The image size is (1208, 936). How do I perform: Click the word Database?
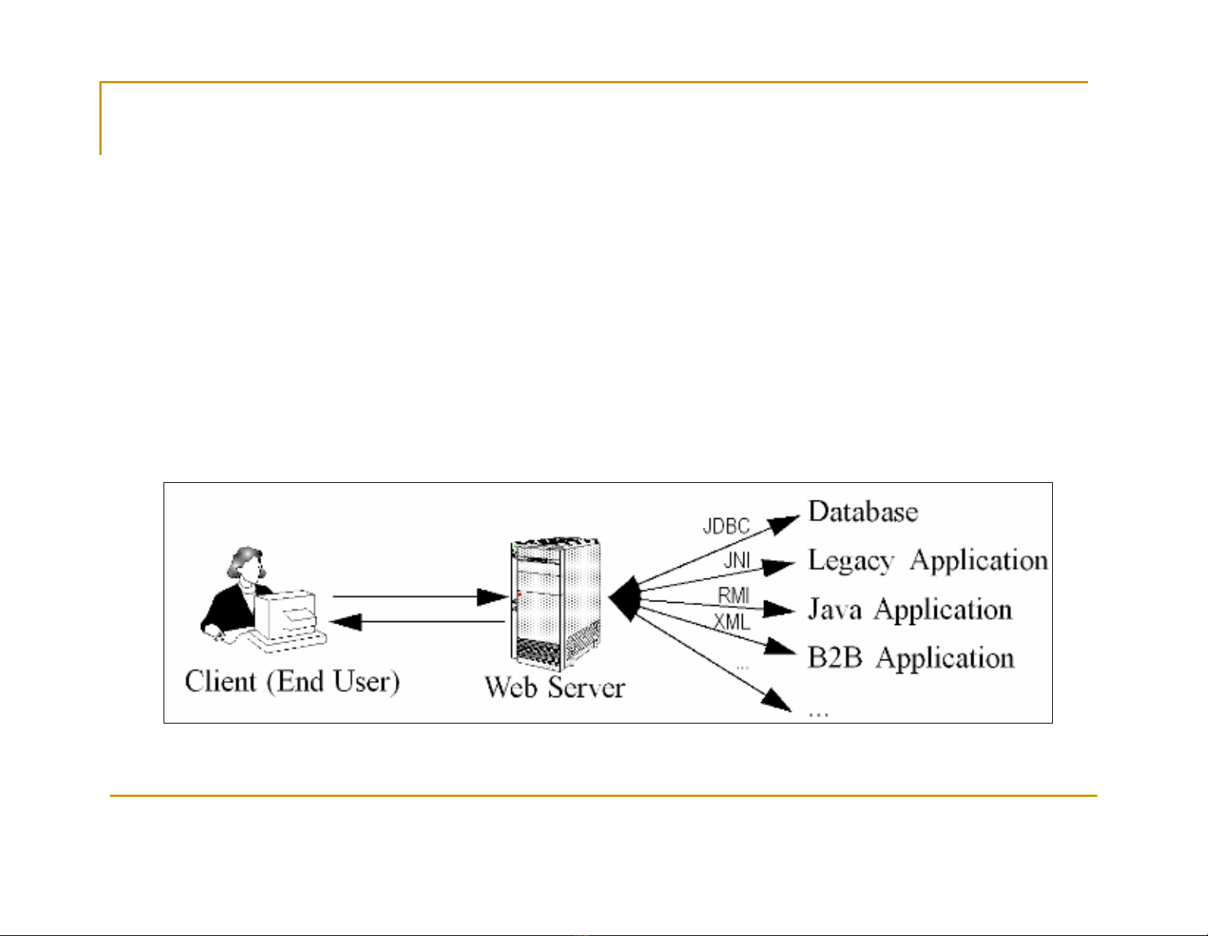point(863,512)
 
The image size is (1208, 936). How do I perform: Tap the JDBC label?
point(726,527)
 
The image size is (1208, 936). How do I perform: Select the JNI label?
point(737,562)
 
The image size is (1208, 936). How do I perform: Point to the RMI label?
point(734,595)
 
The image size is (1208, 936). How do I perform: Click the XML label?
point(732,622)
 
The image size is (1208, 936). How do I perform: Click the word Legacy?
point(850,562)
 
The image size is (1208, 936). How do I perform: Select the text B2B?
point(835,658)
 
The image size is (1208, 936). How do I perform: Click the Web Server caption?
point(555,687)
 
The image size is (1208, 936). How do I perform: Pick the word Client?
point(220,682)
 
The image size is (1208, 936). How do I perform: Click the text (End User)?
point(333,682)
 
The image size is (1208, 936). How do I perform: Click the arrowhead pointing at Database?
point(783,525)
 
